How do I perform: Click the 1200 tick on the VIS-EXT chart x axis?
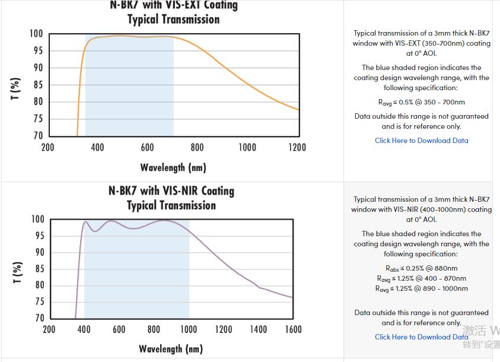[x=297, y=147]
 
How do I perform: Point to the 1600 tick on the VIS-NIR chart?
[x=293, y=329]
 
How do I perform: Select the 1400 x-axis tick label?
[x=258, y=329]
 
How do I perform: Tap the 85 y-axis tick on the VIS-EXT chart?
[x=37, y=85]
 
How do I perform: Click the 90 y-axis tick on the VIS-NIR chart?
[x=38, y=252]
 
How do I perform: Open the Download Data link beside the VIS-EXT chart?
[x=421, y=141]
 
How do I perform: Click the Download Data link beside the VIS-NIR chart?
[x=421, y=337]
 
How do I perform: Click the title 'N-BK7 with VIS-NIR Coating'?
[x=171, y=191]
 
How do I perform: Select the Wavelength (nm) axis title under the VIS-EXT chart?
[x=173, y=167]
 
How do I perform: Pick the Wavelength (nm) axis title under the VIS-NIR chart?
[x=171, y=348]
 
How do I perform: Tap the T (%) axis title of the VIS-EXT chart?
[x=17, y=88]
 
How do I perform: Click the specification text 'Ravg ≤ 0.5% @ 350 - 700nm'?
[x=421, y=102]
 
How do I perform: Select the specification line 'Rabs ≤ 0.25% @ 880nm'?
[x=421, y=268]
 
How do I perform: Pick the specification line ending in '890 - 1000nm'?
[x=421, y=288]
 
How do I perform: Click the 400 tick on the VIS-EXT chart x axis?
[x=98, y=147]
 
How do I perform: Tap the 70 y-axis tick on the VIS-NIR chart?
[x=38, y=318]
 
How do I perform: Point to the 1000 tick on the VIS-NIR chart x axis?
[x=189, y=329]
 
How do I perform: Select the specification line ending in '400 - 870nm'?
[x=421, y=278]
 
